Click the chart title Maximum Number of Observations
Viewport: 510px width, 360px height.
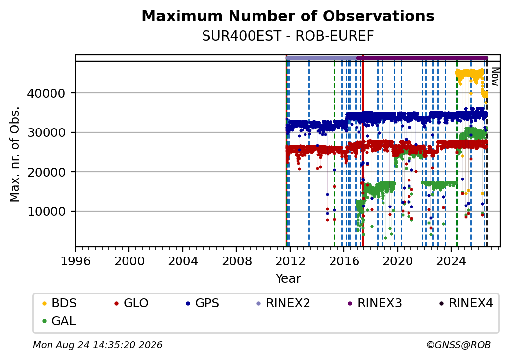[x=288, y=16]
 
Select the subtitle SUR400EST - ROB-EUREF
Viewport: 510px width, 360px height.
[x=288, y=36]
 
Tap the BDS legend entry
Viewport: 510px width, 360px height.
[x=59, y=303]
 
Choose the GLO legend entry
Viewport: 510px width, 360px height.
[x=131, y=303]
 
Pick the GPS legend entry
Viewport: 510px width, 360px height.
[x=203, y=303]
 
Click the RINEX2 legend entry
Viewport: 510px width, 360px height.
[x=283, y=303]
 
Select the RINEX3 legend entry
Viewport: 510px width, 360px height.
[x=375, y=303]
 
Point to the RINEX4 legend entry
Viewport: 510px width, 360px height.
[x=466, y=303]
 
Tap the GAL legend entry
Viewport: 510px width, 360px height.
[x=59, y=321]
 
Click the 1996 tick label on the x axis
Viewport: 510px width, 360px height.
[x=76, y=261]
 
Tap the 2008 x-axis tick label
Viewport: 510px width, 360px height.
[x=236, y=261]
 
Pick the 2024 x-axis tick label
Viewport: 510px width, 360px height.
[x=451, y=261]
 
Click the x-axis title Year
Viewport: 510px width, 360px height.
[x=288, y=279]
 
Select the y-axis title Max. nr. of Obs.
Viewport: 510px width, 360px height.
[x=15, y=154]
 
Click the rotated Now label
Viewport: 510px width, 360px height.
[x=495, y=77]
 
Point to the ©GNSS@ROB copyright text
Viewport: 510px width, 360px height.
[x=459, y=345]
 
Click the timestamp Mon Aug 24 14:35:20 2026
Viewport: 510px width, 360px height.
[x=98, y=345]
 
